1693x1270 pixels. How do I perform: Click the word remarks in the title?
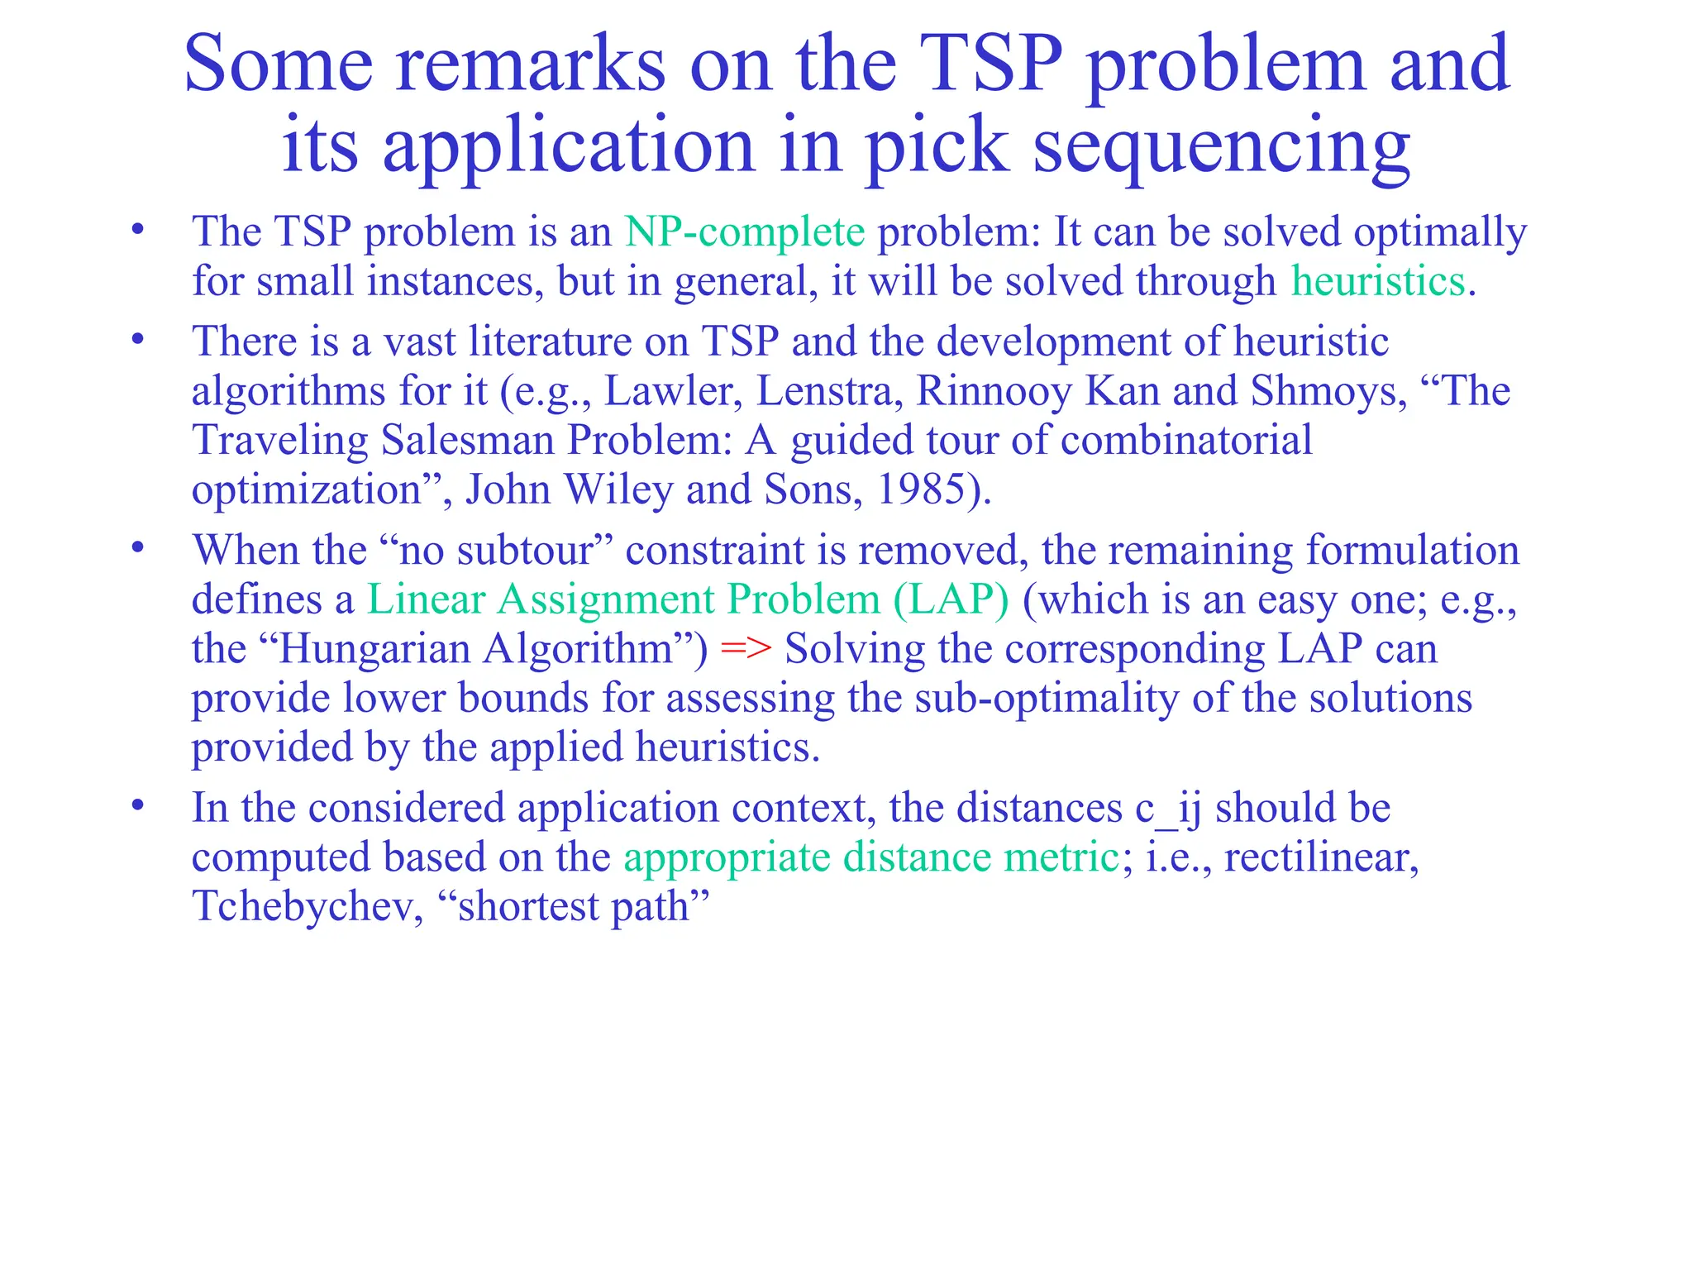(530, 65)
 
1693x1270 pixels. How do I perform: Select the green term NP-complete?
(745, 232)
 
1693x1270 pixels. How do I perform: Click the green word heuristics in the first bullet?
(1378, 281)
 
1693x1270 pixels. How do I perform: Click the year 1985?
(920, 489)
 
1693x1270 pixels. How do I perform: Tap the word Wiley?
(618, 489)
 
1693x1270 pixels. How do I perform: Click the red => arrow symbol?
(746, 649)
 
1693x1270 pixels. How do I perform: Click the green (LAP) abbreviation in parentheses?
(951, 599)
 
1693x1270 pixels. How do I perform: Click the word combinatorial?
(1186, 440)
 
